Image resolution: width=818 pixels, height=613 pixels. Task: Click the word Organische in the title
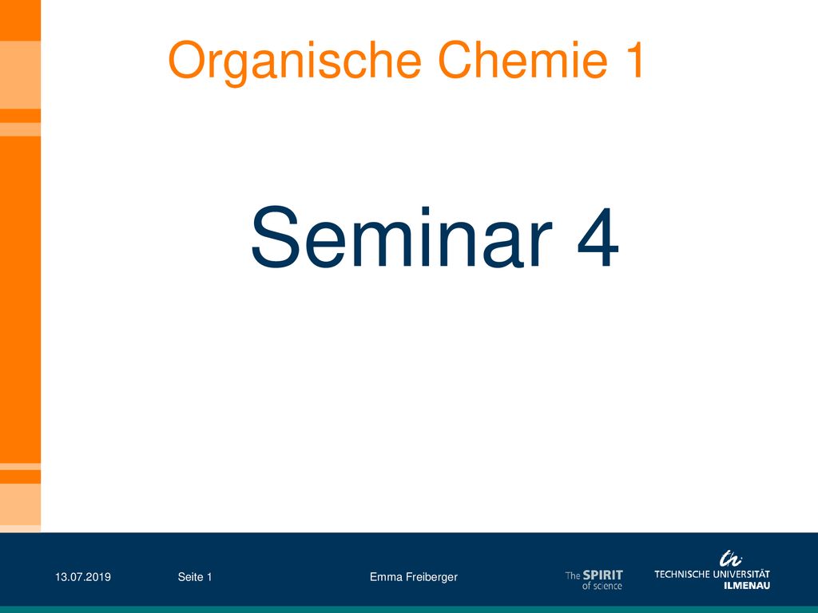point(295,62)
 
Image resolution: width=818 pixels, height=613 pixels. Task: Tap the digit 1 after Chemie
point(634,60)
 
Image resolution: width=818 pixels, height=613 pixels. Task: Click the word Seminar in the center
point(402,237)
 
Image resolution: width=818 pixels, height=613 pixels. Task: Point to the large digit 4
point(598,238)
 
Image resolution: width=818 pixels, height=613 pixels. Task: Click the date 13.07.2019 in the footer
point(83,577)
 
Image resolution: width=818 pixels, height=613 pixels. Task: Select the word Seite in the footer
point(190,577)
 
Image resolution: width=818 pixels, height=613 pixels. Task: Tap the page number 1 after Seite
point(209,577)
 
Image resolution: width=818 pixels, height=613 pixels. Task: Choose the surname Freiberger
point(432,578)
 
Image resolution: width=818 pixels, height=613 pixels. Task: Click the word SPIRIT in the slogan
point(603,575)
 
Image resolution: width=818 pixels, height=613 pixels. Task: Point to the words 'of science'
point(602,586)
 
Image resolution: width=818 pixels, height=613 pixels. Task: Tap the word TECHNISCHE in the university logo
point(680,575)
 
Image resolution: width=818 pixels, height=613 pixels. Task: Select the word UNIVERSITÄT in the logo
point(739,574)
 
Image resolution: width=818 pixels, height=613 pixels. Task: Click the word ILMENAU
point(747,585)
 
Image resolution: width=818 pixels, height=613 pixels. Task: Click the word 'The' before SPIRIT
point(573,575)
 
